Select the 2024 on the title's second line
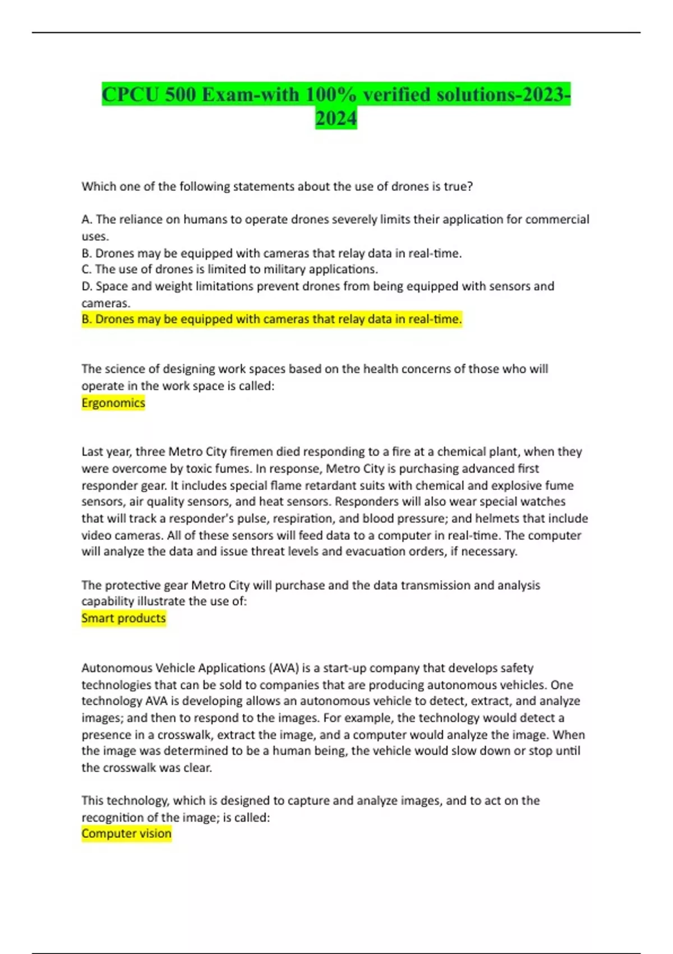(336, 118)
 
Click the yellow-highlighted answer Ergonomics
(113, 403)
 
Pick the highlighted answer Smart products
(123, 618)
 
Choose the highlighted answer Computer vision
(126, 834)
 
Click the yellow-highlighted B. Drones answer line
(271, 319)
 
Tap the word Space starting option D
(112, 286)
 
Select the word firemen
(252, 452)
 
